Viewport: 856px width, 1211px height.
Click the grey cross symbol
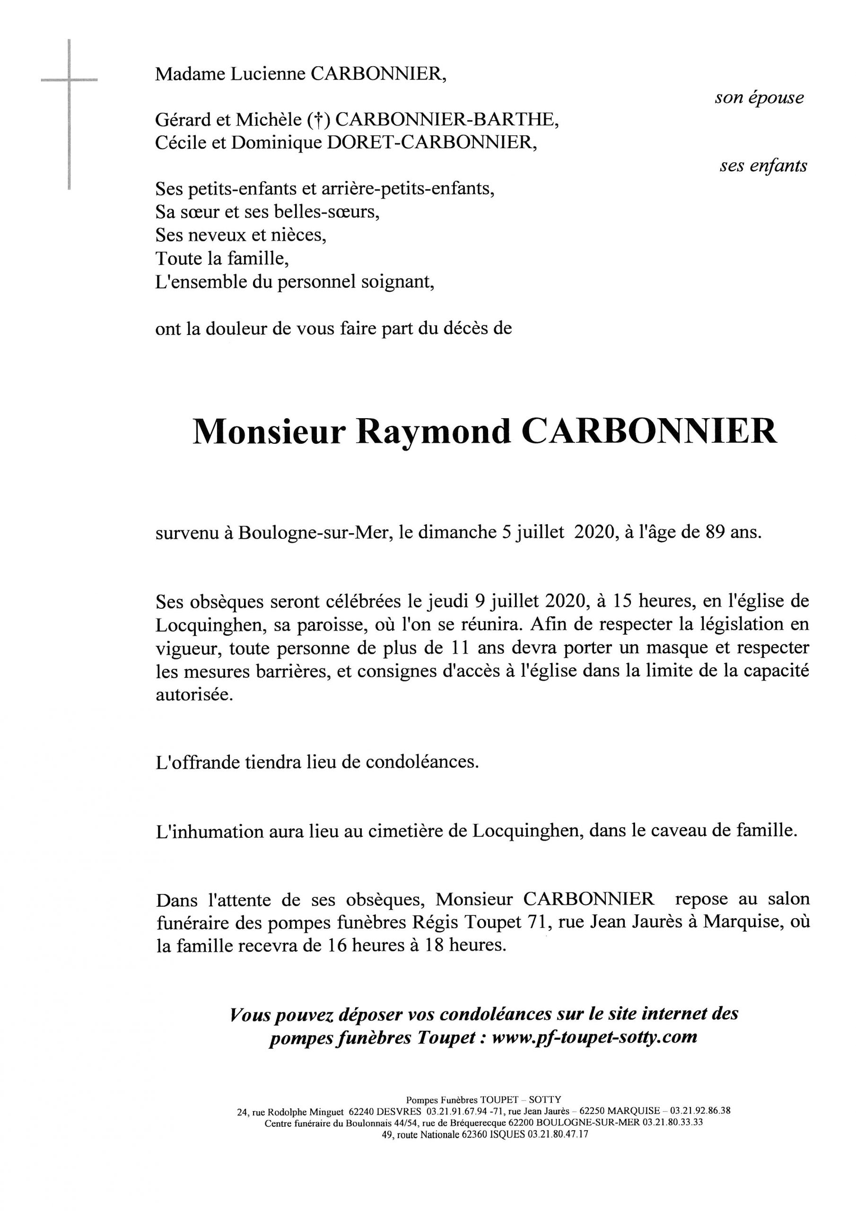coord(69,80)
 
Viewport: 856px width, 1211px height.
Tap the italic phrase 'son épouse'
coord(759,97)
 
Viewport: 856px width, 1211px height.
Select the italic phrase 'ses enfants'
coord(763,166)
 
